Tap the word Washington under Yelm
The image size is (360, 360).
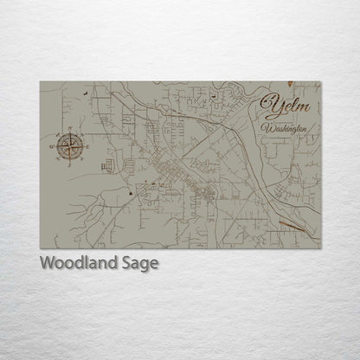[286, 128]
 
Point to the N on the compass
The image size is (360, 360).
[68, 127]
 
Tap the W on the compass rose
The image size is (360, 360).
[51, 145]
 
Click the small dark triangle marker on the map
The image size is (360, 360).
[132, 194]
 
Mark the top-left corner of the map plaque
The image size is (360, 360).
[40, 81]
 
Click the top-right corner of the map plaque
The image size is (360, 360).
[320, 81]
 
